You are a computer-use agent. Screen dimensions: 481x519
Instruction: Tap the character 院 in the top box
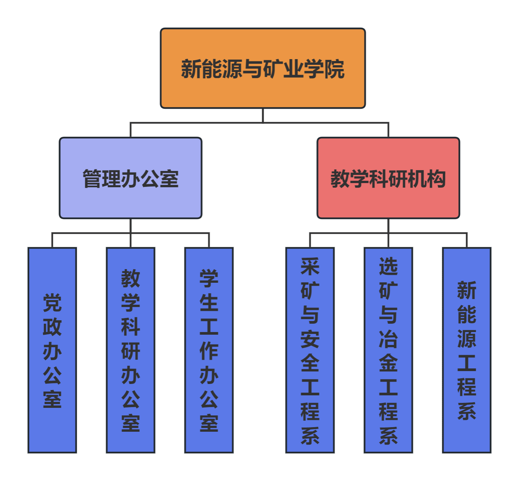coord(335,69)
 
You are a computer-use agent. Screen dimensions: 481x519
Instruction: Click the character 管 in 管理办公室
coord(92,179)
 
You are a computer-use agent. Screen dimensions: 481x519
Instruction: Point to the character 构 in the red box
coord(436,179)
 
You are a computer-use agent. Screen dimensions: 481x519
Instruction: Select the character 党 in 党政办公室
coord(52,303)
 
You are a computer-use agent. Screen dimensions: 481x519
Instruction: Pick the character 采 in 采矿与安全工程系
coord(310,266)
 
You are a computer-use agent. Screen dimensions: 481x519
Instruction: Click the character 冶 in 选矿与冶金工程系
coord(388,339)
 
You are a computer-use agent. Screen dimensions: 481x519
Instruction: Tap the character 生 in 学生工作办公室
coord(209,303)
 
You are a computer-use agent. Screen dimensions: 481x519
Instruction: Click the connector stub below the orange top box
coord(263,115)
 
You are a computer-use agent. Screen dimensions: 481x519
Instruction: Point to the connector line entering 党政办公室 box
coord(52,240)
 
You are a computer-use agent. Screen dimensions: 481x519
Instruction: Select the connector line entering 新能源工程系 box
coord(467,240)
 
